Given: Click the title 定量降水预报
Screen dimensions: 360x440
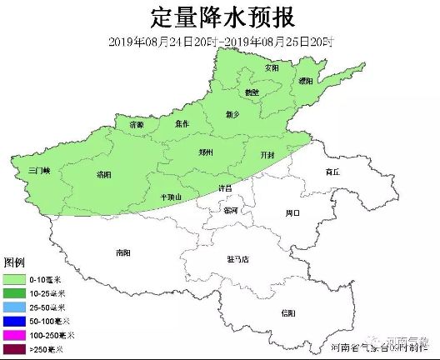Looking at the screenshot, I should click(x=221, y=17).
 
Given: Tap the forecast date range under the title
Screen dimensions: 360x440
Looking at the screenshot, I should click(x=221, y=42).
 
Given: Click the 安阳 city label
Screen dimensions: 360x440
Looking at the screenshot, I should click(x=271, y=67).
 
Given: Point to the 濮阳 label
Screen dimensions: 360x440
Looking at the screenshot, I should click(x=306, y=81).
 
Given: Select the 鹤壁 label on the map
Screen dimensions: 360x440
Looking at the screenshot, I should click(x=252, y=92).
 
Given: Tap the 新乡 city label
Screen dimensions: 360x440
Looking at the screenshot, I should click(x=233, y=114).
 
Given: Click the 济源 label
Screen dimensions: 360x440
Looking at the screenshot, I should click(x=136, y=124).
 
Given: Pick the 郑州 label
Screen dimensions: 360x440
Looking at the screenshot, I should click(x=207, y=152).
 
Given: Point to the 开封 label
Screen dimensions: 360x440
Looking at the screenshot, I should click(x=267, y=155).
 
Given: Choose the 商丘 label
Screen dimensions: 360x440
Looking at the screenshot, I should click(x=334, y=171).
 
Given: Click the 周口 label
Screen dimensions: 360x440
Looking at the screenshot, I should click(x=292, y=213).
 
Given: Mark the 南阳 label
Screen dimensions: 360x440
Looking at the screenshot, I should click(x=123, y=252).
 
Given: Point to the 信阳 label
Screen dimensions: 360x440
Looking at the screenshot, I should click(x=288, y=312).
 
